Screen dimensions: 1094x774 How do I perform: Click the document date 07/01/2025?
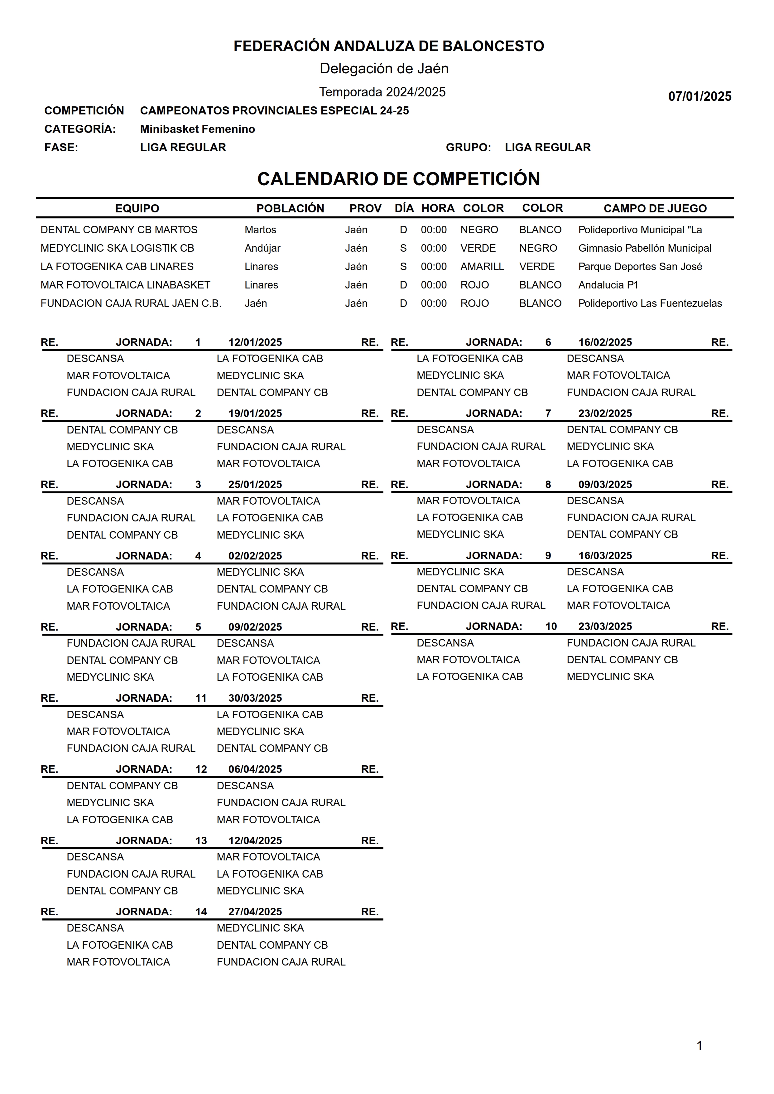699,96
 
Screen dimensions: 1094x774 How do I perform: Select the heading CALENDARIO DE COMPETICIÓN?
398,179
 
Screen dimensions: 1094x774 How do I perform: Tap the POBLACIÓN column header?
290,208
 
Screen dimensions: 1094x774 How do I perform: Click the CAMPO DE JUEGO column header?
655,208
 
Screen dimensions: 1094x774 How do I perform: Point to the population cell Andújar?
262,248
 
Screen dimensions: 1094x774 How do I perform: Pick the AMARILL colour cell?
482,266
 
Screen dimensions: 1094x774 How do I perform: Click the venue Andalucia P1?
608,285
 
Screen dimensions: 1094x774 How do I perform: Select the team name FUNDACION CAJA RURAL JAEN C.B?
131,303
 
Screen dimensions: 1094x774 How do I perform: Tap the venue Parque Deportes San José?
640,266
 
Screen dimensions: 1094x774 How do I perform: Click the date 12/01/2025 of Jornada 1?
255,342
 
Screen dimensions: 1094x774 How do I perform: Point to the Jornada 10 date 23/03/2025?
605,627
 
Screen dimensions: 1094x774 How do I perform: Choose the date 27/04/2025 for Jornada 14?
255,912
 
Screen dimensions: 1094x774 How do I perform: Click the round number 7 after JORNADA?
548,413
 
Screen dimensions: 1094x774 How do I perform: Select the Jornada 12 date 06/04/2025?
255,769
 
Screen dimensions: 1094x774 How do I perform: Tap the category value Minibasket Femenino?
197,129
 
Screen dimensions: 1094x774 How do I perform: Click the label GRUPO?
468,147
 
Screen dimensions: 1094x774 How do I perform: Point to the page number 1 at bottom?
699,1045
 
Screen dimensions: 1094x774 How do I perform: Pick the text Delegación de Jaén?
384,68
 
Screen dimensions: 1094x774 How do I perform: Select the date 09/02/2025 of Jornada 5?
255,627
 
